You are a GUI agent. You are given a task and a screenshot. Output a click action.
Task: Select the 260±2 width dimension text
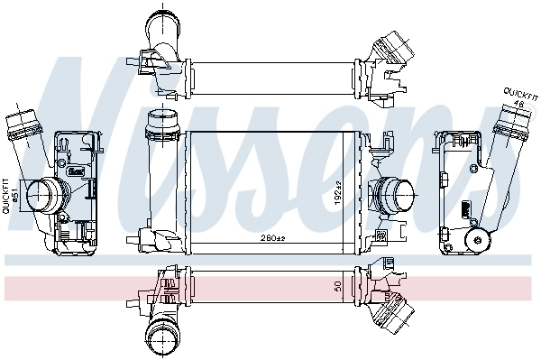pos(272,239)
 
